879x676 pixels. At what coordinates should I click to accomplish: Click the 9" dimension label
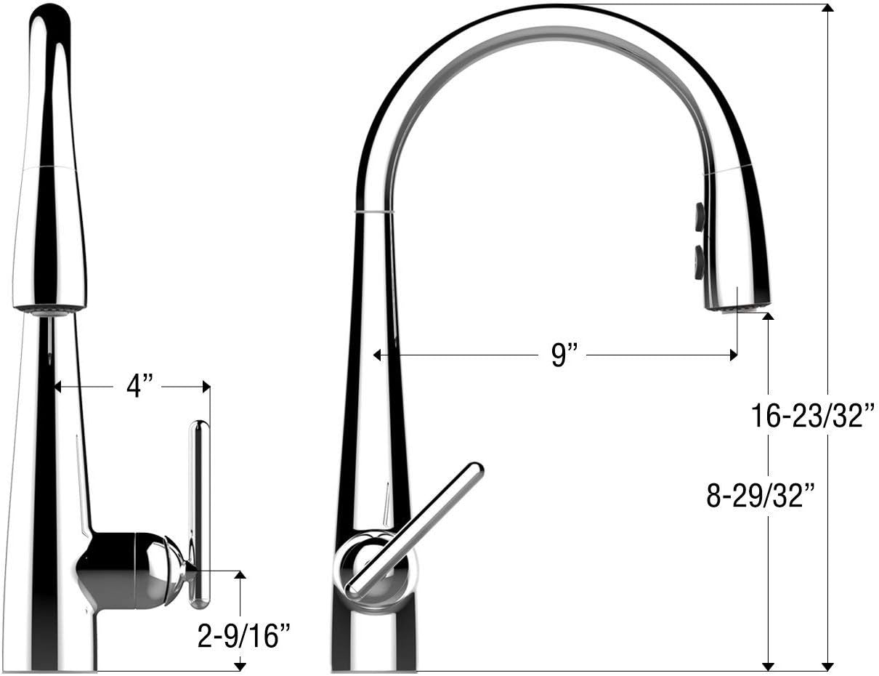coord(564,355)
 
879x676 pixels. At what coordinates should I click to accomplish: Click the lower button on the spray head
coord(700,262)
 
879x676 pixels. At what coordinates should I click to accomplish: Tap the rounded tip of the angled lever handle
coord(475,470)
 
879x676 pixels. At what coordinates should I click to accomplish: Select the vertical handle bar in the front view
coord(198,513)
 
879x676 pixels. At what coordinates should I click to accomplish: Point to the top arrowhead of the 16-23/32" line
coord(827,8)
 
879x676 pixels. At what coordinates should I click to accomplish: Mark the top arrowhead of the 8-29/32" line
coord(768,316)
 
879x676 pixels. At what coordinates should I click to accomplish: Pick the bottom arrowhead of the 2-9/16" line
coord(240,665)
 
